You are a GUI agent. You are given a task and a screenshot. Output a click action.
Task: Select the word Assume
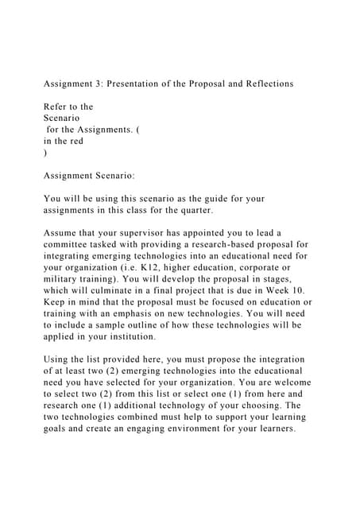point(62,232)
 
